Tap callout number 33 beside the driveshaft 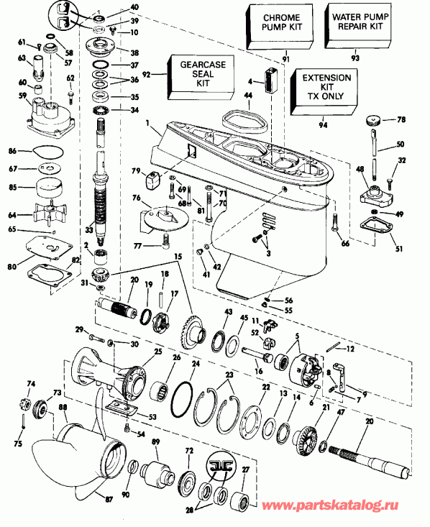(89, 230)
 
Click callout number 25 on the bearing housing (157, 352)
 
